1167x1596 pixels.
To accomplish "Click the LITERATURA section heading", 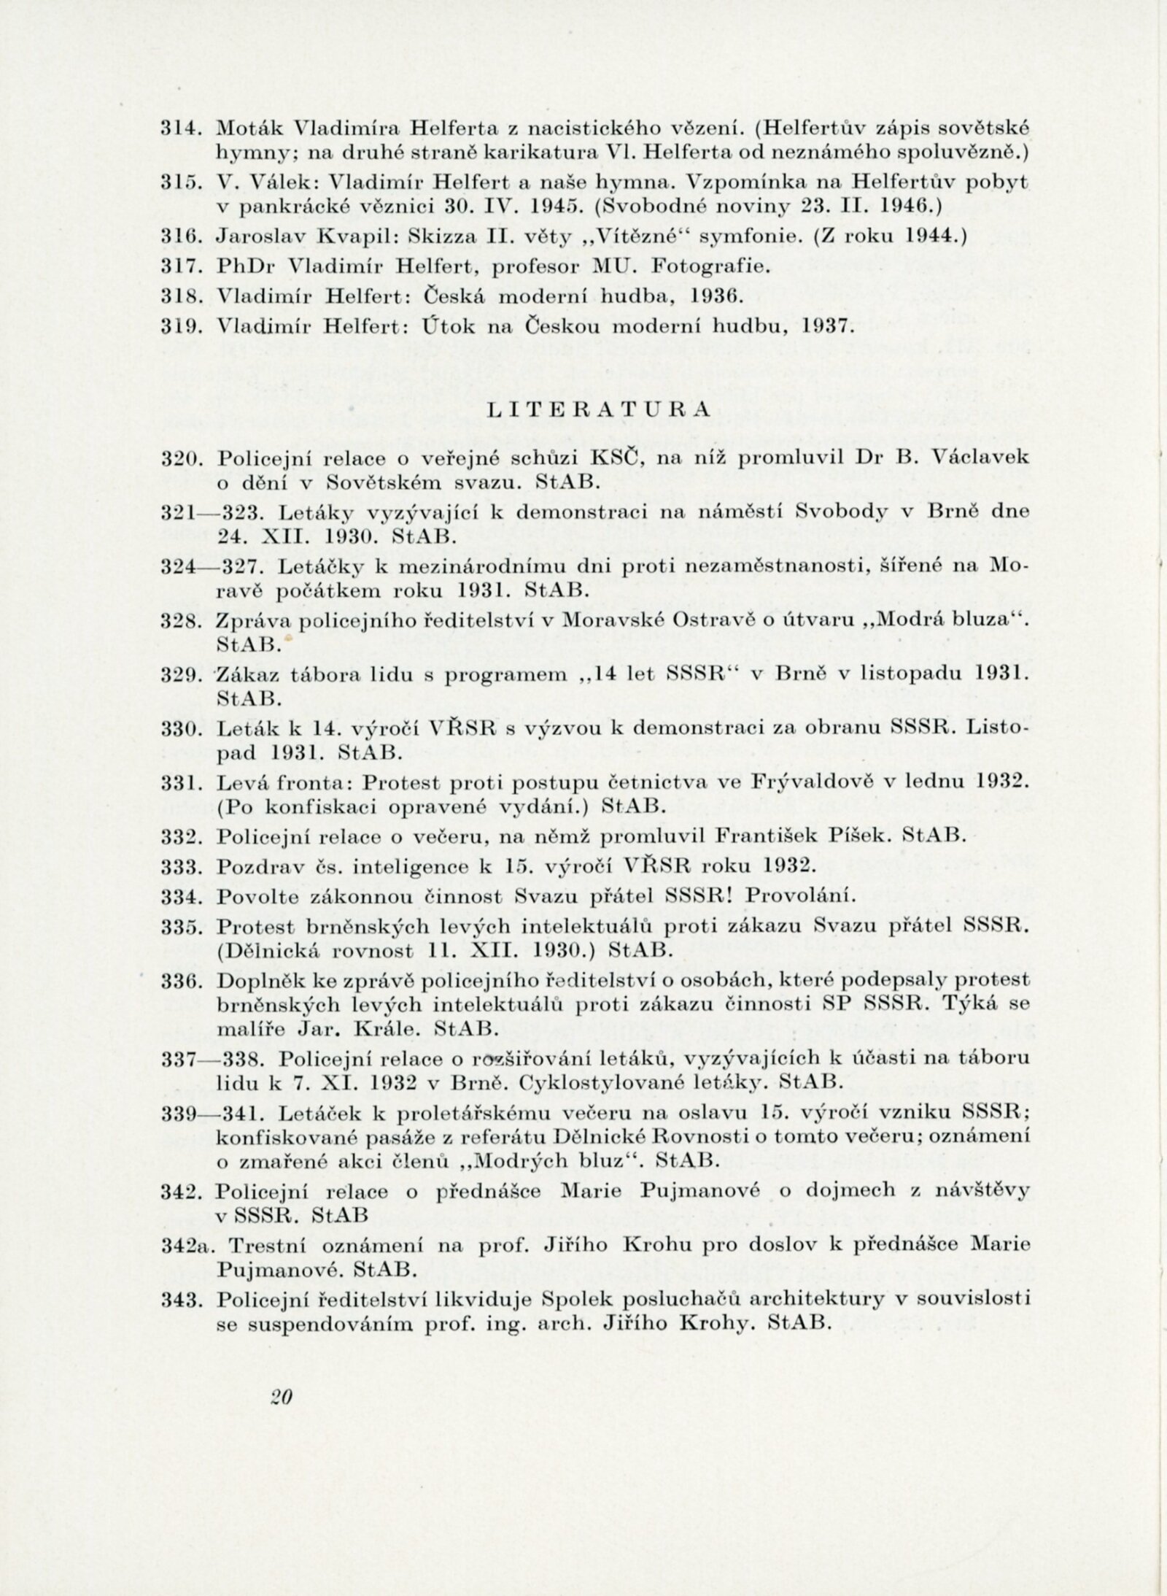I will coord(597,410).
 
